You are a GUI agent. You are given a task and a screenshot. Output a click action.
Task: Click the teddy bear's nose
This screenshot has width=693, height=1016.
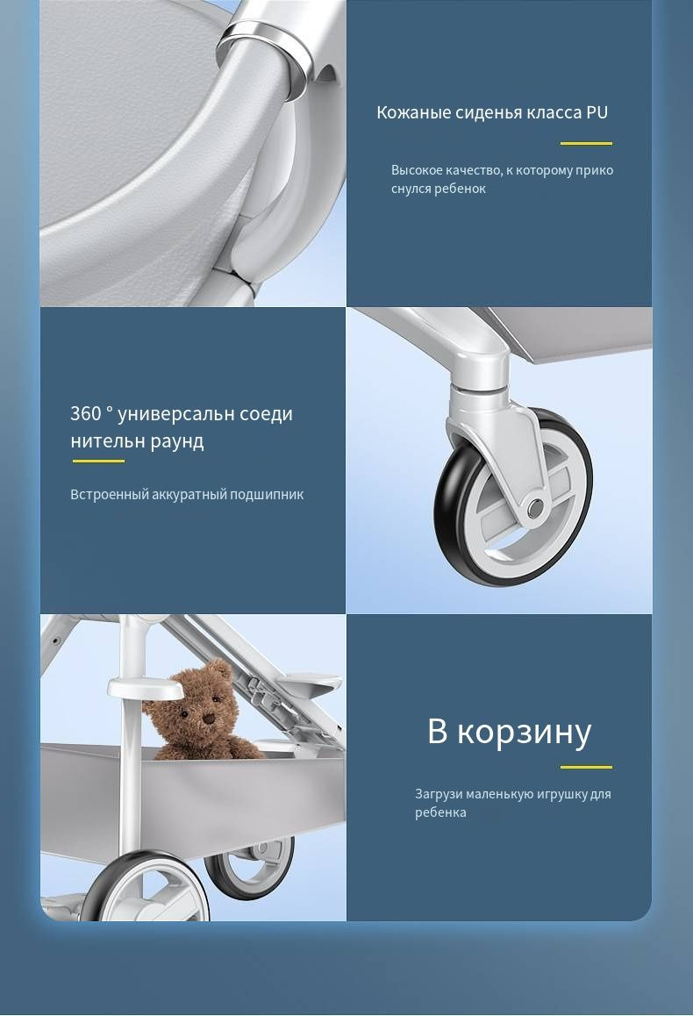(209, 718)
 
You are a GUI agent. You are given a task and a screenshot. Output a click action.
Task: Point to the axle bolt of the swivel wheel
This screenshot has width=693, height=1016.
(535, 509)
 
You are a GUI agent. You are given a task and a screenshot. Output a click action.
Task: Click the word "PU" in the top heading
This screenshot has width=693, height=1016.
(597, 112)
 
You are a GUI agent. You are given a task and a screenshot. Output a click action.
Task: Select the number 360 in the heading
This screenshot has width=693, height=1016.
(86, 413)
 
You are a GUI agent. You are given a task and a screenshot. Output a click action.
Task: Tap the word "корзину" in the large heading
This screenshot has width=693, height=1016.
(524, 733)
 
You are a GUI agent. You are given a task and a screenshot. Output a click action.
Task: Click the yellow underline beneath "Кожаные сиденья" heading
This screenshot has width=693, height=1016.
(586, 143)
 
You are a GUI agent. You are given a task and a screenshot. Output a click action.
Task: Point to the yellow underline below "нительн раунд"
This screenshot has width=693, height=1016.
(98, 461)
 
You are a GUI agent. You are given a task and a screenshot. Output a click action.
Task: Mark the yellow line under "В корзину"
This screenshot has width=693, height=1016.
(586, 767)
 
